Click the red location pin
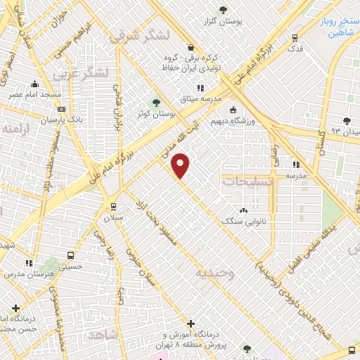tap(181, 165)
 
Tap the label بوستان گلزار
tap(223, 22)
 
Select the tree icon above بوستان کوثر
tap(156, 101)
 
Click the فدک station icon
tap(295, 39)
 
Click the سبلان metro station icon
tap(112, 205)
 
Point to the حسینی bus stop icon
tap(70, 255)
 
